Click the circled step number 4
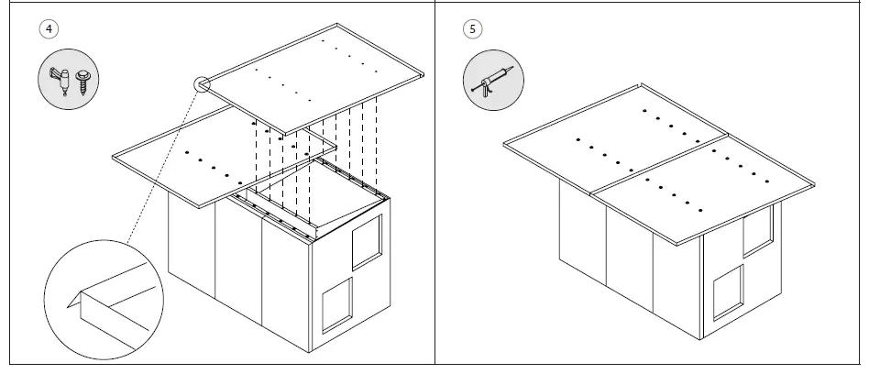coord(49,27)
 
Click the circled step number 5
coord(472,27)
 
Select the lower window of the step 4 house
coord(336,303)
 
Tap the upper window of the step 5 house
coord(757,229)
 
